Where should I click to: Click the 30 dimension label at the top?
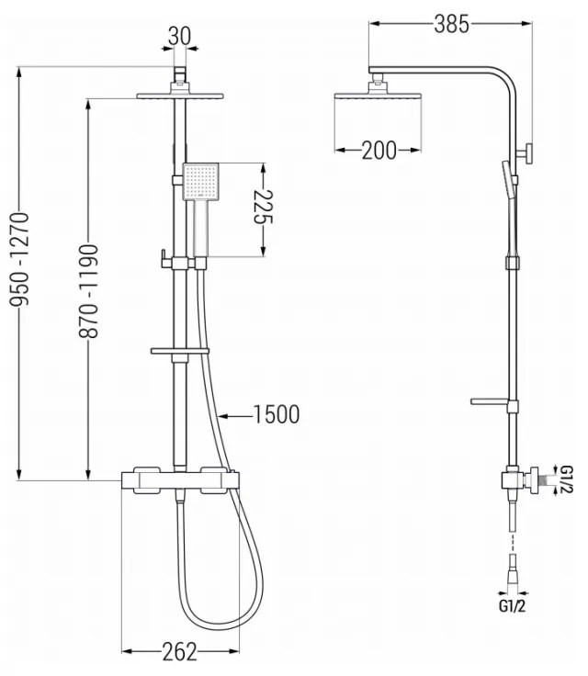click(179, 36)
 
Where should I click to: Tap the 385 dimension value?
click(451, 24)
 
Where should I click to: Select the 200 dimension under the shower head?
click(379, 151)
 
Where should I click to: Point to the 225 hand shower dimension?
click(263, 207)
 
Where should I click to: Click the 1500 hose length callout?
click(277, 415)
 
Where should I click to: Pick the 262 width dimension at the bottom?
click(179, 651)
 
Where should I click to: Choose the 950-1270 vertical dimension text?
click(19, 260)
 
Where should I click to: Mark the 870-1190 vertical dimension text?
click(88, 291)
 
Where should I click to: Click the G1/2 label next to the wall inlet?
click(567, 479)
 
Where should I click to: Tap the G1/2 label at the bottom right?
click(513, 606)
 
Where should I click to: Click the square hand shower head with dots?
click(201, 182)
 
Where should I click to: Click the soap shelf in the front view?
click(179, 351)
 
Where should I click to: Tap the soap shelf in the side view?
click(489, 401)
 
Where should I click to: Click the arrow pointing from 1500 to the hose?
click(235, 416)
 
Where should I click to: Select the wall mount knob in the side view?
click(526, 153)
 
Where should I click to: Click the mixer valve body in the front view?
click(180, 480)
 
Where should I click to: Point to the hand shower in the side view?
click(510, 207)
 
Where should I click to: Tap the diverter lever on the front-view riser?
click(164, 258)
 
